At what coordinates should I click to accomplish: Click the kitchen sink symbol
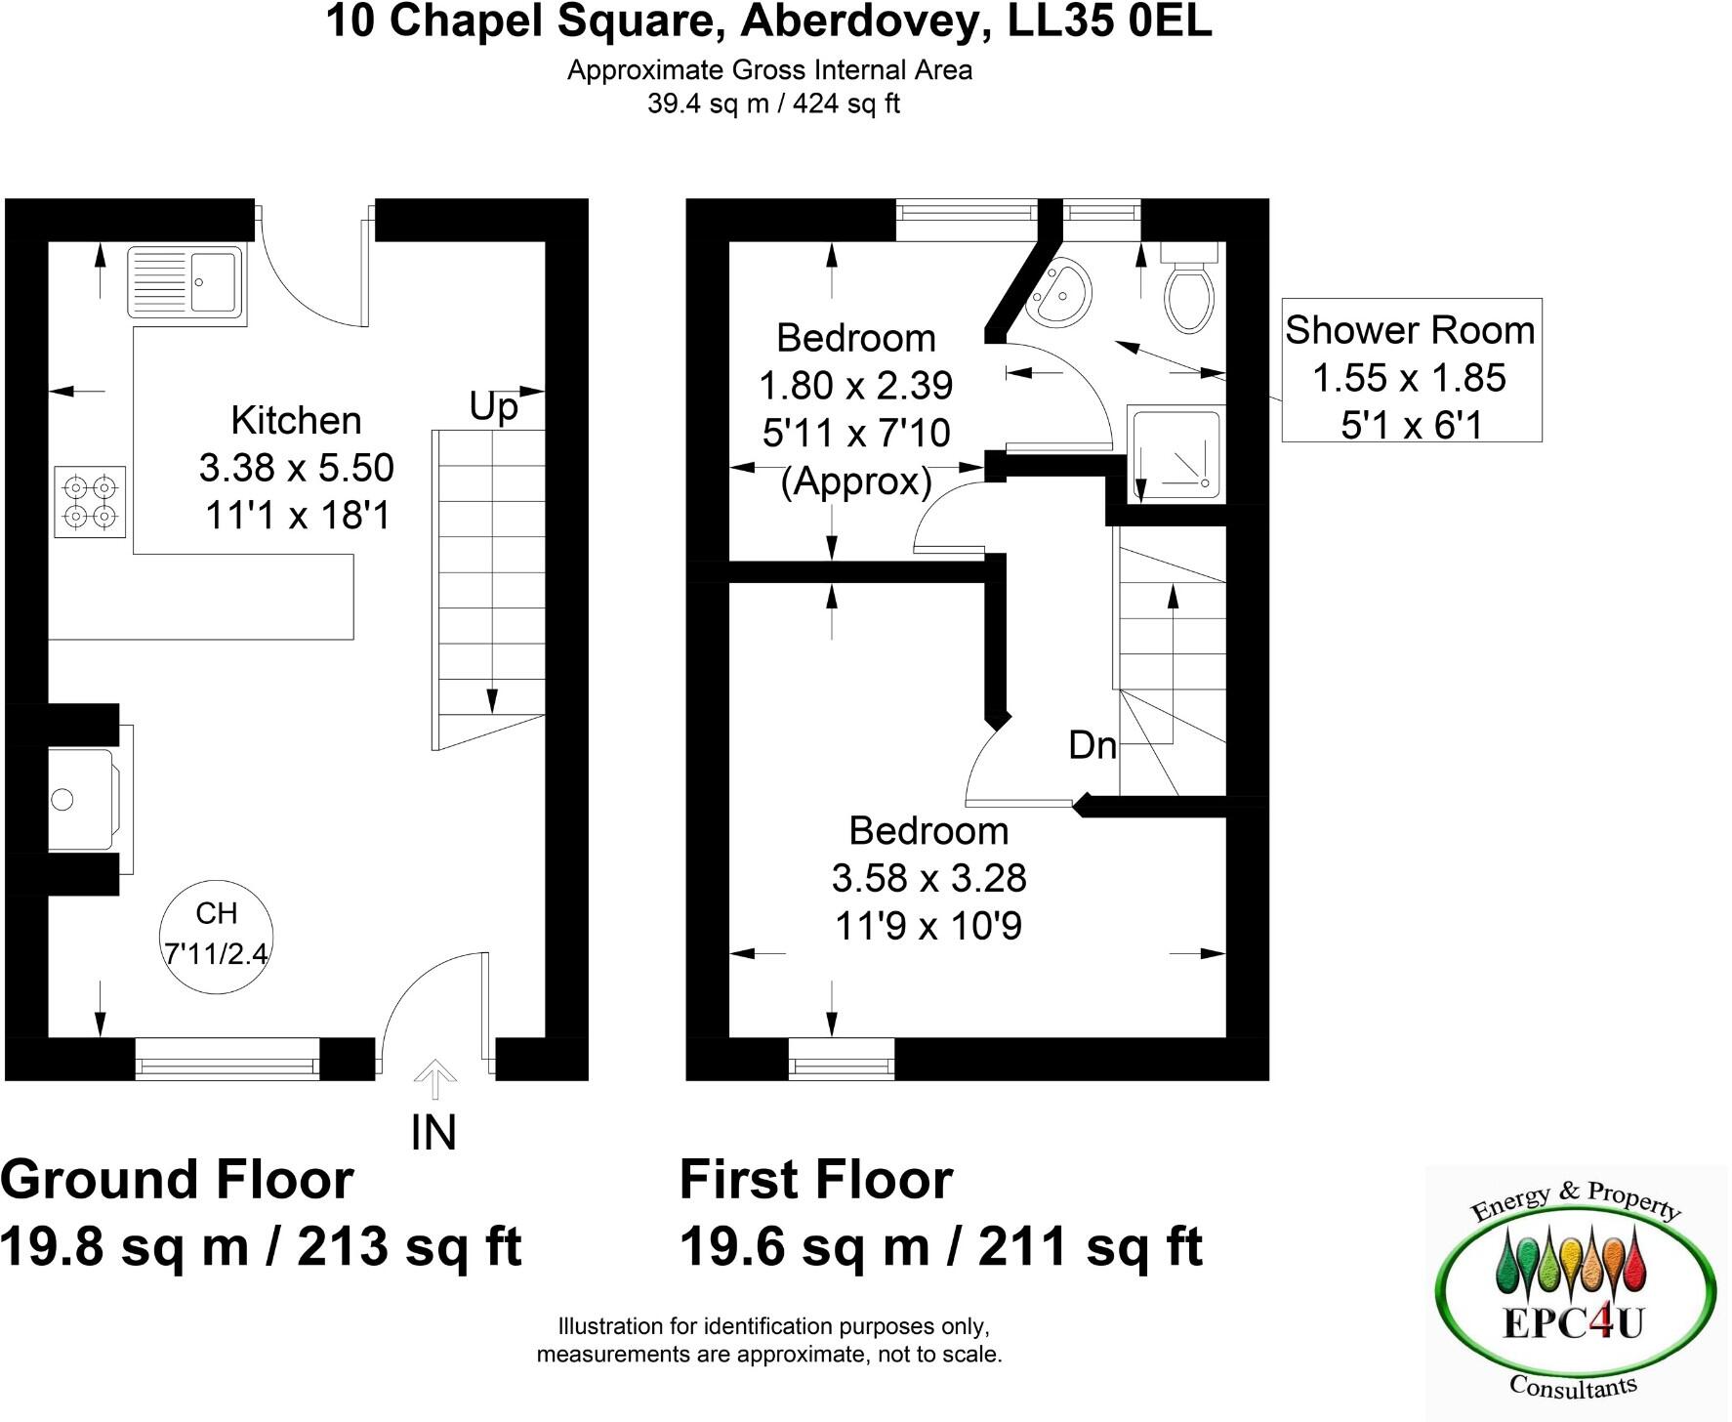tap(185, 281)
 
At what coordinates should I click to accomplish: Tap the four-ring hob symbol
tap(90, 501)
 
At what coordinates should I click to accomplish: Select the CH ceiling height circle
tap(217, 933)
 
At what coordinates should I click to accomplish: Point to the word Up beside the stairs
tap(493, 406)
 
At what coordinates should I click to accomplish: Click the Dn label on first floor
tap(1093, 745)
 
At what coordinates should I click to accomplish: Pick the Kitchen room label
tap(296, 421)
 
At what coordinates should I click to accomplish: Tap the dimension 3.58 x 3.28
tap(928, 878)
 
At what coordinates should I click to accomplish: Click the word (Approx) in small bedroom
tap(856, 481)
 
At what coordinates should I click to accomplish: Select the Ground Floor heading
tap(177, 1179)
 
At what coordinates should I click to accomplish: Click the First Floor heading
tap(815, 1179)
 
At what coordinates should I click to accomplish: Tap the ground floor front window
tap(227, 1060)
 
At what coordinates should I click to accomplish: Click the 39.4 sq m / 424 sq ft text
tap(773, 104)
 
